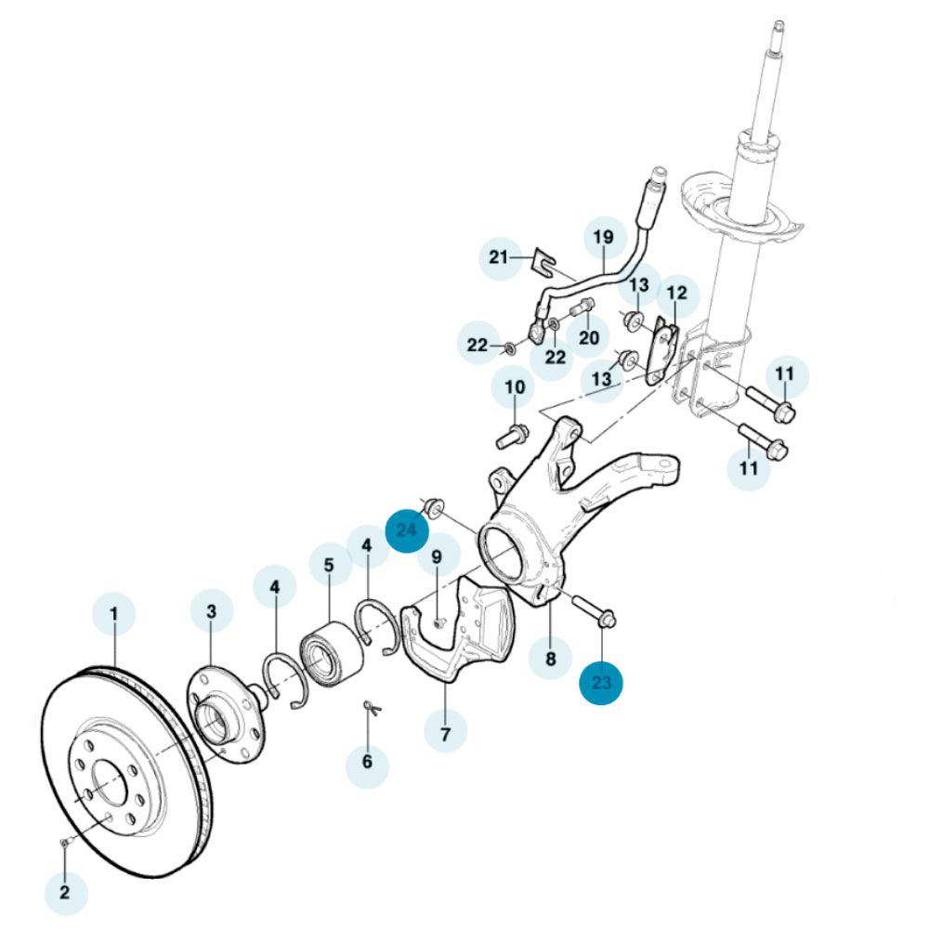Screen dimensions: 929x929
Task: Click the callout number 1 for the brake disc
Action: (x=114, y=614)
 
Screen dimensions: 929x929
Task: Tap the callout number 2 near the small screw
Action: (x=65, y=894)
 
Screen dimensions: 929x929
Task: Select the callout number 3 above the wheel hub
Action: (x=212, y=611)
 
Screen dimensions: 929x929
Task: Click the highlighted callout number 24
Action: (x=406, y=530)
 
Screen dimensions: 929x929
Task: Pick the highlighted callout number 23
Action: (x=601, y=684)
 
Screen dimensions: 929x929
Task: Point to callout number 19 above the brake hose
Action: (x=604, y=239)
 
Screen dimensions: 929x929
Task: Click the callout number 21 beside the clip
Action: (x=501, y=256)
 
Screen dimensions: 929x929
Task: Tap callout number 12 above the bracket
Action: (x=677, y=294)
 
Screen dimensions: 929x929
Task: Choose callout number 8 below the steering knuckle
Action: (x=550, y=659)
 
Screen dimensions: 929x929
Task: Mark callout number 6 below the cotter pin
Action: (x=367, y=762)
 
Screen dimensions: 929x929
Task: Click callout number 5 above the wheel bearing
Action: (x=329, y=564)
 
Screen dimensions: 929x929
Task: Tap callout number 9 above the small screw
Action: (x=437, y=559)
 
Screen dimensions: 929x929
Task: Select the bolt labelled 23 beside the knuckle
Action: (x=592, y=609)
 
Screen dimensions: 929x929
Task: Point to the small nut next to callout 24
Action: (x=434, y=507)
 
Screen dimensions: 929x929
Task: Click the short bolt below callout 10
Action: (x=514, y=432)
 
